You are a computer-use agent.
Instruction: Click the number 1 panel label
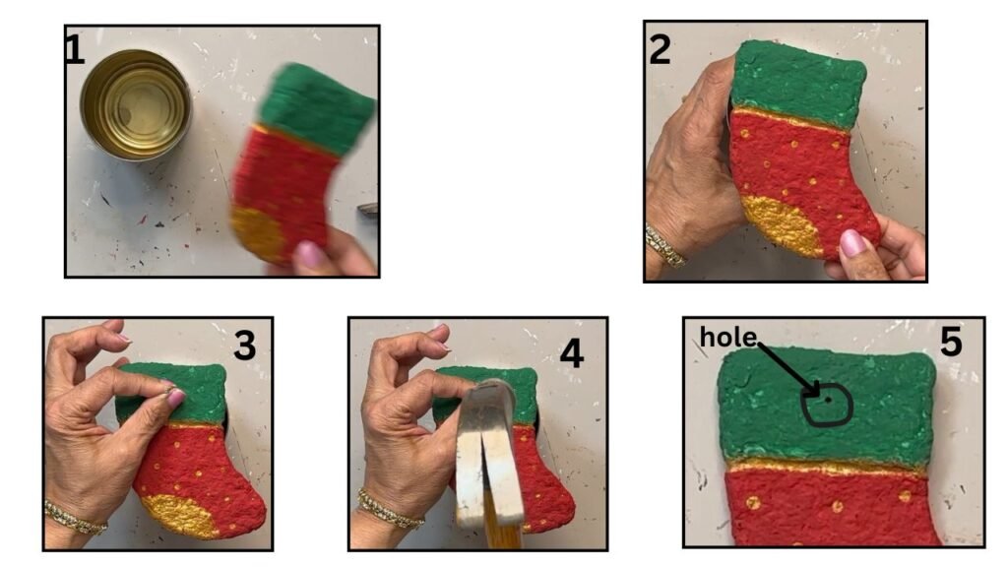click(x=75, y=49)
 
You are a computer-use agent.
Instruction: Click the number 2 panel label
click(x=661, y=49)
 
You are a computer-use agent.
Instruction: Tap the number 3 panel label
click(x=244, y=346)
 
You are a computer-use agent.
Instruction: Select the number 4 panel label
click(x=572, y=353)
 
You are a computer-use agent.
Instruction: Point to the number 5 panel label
click(x=951, y=342)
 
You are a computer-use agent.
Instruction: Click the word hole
click(x=727, y=337)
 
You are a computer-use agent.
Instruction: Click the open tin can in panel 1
click(x=136, y=104)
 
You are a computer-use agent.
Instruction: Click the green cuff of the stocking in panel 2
click(x=797, y=84)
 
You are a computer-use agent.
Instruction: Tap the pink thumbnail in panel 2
click(x=852, y=244)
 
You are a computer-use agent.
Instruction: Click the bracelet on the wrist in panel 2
click(x=664, y=246)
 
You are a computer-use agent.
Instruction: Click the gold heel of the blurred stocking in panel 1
click(x=259, y=232)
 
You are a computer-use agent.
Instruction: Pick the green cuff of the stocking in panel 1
click(x=316, y=108)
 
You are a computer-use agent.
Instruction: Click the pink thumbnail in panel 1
click(x=308, y=255)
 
